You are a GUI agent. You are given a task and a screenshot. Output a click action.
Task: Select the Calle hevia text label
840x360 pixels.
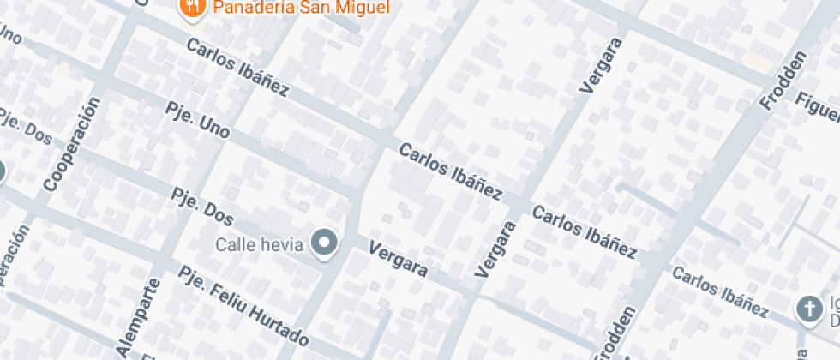260,245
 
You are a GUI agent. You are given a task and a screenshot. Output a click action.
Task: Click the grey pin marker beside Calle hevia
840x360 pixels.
324,244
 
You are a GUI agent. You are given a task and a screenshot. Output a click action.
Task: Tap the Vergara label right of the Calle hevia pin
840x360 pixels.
398,259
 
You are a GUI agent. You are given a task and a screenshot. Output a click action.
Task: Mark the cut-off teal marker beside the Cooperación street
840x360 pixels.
2,171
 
